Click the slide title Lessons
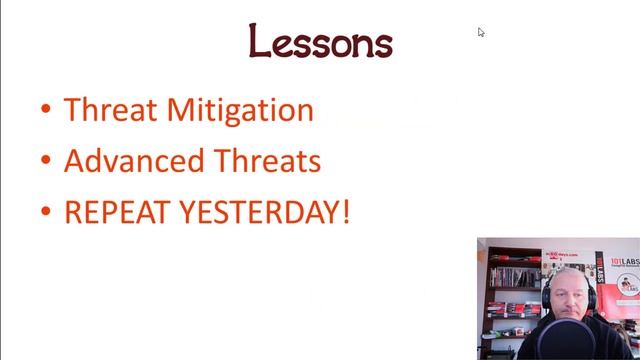click(320, 42)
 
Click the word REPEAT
click(111, 213)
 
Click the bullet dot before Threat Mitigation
click(46, 111)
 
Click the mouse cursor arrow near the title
click(481, 32)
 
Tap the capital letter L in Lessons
click(259, 42)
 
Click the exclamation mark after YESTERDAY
click(346, 213)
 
